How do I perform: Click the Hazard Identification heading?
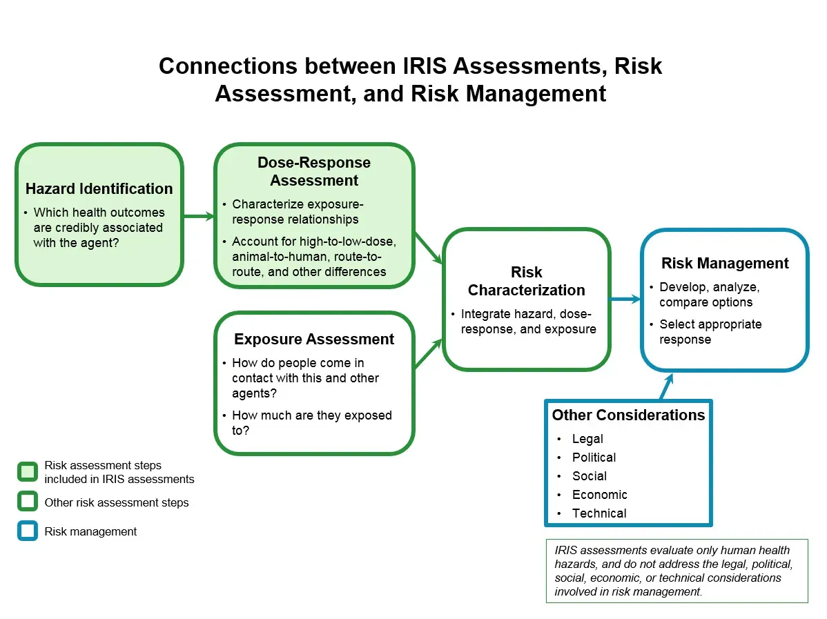point(99,189)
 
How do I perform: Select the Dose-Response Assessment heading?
point(314,172)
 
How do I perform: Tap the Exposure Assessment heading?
point(314,340)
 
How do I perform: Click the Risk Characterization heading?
point(526,282)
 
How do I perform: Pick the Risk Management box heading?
point(724,264)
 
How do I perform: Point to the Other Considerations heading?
point(628,415)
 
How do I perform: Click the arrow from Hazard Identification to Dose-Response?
point(199,217)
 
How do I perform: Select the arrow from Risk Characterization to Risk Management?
point(625,299)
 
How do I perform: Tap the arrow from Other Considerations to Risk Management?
point(666,386)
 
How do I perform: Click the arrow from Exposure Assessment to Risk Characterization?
point(428,353)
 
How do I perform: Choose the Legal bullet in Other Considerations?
point(587,439)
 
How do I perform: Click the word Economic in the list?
point(599,495)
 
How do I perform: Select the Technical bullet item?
point(599,513)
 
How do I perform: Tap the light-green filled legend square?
point(28,472)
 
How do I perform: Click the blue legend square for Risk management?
point(28,531)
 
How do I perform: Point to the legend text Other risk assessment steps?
point(116,502)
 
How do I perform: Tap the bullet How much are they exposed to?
point(311,422)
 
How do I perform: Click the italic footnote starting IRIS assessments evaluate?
point(676,571)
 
